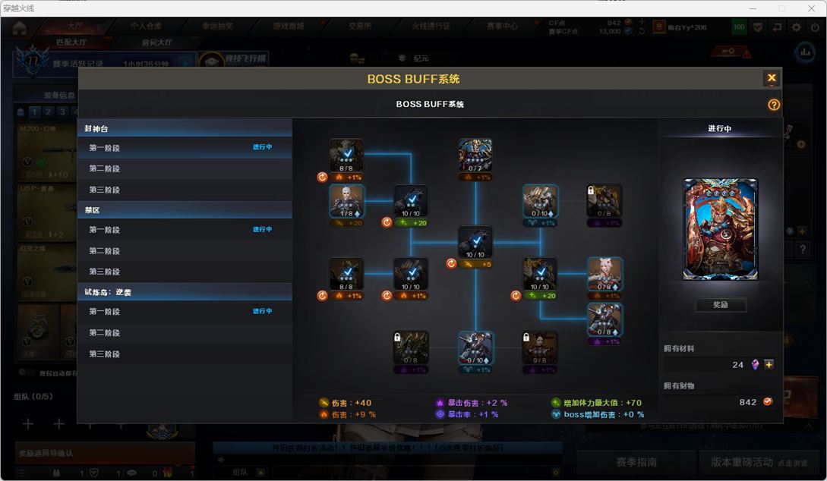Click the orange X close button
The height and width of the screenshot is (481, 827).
(x=772, y=78)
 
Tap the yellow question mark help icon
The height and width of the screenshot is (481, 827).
(x=774, y=105)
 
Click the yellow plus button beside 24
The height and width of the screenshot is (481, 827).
(x=769, y=364)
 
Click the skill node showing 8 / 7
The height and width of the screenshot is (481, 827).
(x=475, y=156)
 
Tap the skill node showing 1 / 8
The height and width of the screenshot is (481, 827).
(x=346, y=201)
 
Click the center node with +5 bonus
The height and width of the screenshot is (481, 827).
(x=475, y=243)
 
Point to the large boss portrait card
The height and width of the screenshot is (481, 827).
(x=720, y=229)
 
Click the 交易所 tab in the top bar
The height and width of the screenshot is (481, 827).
(x=360, y=26)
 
